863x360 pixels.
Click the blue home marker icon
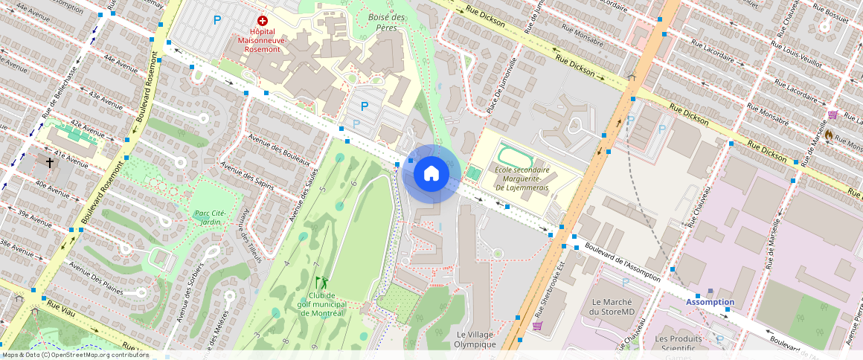[431, 174]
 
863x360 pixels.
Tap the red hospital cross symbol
[262, 22]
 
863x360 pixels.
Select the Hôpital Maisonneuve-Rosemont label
[261, 40]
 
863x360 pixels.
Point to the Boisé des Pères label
[386, 22]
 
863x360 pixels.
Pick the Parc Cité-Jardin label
[211, 217]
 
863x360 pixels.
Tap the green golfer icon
[321, 283]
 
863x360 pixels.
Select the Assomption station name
[710, 302]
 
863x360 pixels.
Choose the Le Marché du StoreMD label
[616, 306]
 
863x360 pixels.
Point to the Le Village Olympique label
[475, 339]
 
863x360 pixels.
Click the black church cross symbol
[50, 161]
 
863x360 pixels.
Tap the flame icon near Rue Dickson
[827, 135]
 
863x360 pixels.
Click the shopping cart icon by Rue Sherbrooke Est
[537, 326]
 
